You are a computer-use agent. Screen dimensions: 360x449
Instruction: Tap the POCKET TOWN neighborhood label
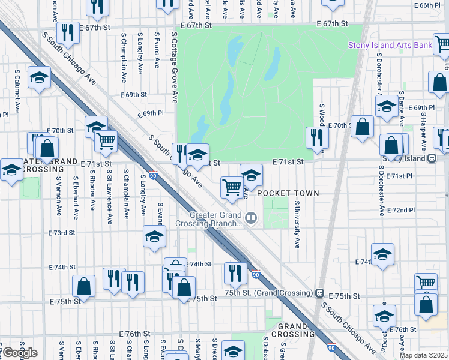tap(288, 193)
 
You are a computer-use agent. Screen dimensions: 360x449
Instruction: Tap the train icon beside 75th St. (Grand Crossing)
tap(320, 293)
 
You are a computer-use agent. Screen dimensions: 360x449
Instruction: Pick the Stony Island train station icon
tap(431, 158)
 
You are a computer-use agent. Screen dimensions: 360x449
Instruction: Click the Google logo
tap(19, 352)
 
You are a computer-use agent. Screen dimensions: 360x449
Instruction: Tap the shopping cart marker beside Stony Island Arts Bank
tap(442, 44)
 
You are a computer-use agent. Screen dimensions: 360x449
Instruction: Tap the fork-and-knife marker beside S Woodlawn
tap(317, 137)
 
